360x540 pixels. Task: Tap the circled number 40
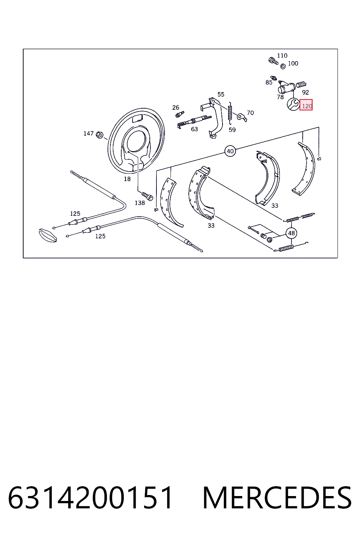point(230,151)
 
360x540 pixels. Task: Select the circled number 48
point(291,233)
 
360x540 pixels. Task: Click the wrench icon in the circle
point(293,104)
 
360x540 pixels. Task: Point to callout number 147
point(89,133)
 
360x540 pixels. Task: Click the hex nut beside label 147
point(99,135)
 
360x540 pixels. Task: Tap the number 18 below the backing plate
point(127,179)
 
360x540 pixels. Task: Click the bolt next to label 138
point(147,196)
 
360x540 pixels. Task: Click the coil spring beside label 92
point(301,84)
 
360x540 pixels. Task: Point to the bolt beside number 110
point(273,61)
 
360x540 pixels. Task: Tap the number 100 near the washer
point(293,63)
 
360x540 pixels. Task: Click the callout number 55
point(221,94)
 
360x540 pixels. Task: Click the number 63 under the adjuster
point(194,129)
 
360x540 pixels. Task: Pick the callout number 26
point(176,108)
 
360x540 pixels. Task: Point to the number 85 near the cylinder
point(269,83)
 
